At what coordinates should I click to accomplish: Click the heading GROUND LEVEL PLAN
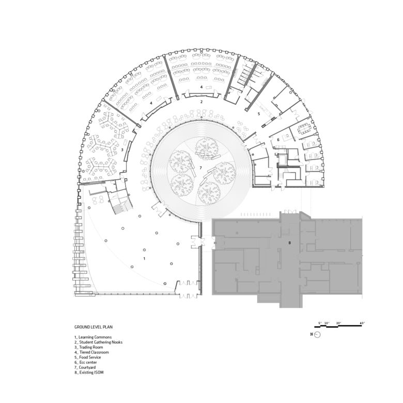click(94, 327)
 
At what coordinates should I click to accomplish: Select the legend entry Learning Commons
click(92, 337)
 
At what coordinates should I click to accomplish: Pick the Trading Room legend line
click(89, 347)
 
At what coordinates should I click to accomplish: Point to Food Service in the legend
click(88, 358)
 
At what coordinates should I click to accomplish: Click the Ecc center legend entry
click(87, 362)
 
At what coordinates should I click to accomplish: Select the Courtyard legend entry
click(87, 367)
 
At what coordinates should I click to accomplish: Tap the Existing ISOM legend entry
click(89, 373)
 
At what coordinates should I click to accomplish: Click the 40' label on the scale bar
click(363, 323)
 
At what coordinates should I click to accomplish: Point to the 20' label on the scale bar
click(339, 323)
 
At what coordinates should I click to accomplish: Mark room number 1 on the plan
click(144, 257)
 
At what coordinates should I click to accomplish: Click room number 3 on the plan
click(121, 149)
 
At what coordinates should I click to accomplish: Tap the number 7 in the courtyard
click(199, 168)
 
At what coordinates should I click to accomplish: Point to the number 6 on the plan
click(278, 139)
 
